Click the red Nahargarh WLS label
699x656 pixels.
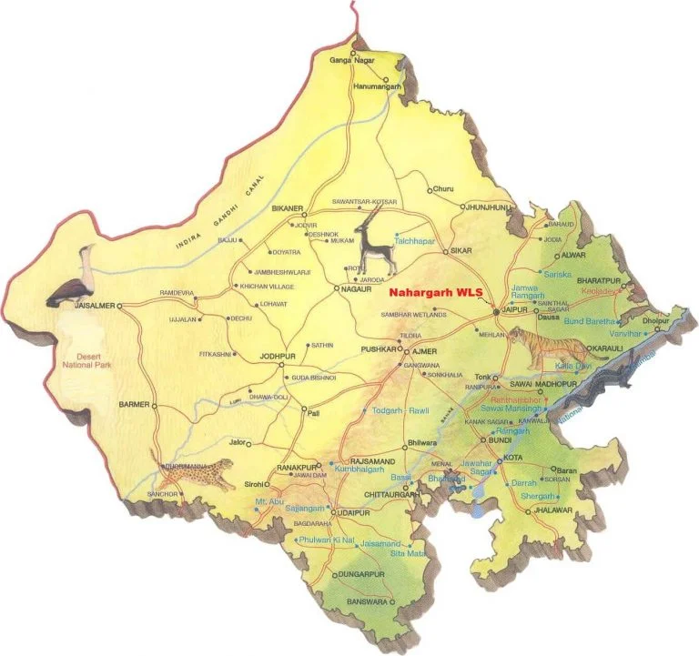435,293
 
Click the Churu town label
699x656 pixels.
443,189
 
